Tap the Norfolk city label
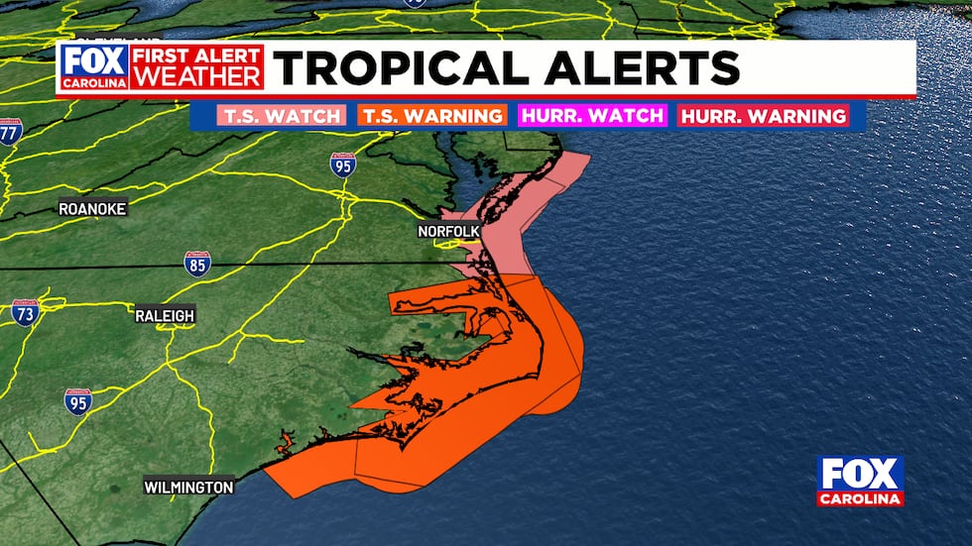(x=448, y=232)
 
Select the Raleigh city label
(x=165, y=315)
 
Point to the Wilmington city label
(x=188, y=488)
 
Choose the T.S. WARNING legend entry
(x=431, y=116)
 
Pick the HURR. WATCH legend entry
(x=592, y=116)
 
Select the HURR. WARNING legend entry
(x=763, y=116)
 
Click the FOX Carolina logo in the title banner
(x=94, y=67)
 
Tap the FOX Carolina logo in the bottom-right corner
(x=860, y=482)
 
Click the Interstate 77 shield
(x=10, y=131)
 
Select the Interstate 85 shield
(x=197, y=264)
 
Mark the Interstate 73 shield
(x=26, y=313)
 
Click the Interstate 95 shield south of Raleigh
(x=77, y=401)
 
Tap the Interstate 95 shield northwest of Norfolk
(x=343, y=165)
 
